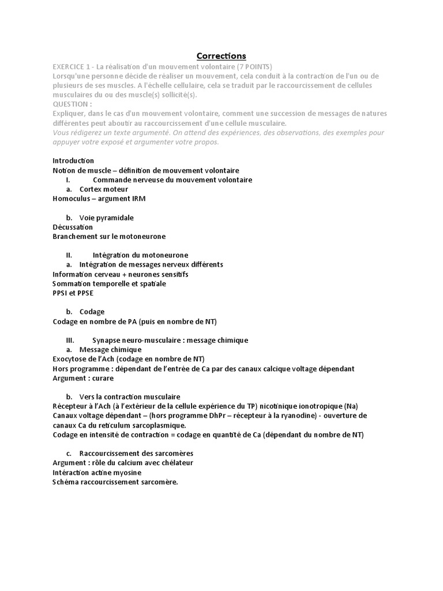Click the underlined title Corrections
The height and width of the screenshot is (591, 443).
[x=221, y=56]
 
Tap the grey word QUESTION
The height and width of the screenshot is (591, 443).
[x=72, y=104]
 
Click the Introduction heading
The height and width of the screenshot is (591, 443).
[x=73, y=160]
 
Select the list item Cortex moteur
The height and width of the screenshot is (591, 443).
[x=104, y=189]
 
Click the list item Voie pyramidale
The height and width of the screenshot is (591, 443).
[x=107, y=218]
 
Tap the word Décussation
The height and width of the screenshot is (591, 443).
[x=73, y=227]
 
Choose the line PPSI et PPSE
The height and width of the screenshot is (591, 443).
[x=73, y=293]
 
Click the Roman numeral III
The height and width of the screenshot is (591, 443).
[x=70, y=341]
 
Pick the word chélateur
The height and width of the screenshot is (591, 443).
[x=175, y=463]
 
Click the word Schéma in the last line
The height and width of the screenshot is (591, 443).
[x=66, y=482]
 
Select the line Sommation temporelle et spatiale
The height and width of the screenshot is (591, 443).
[x=109, y=284]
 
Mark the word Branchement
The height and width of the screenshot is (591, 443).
[x=76, y=237]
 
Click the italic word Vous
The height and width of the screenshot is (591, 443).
[x=61, y=132]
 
